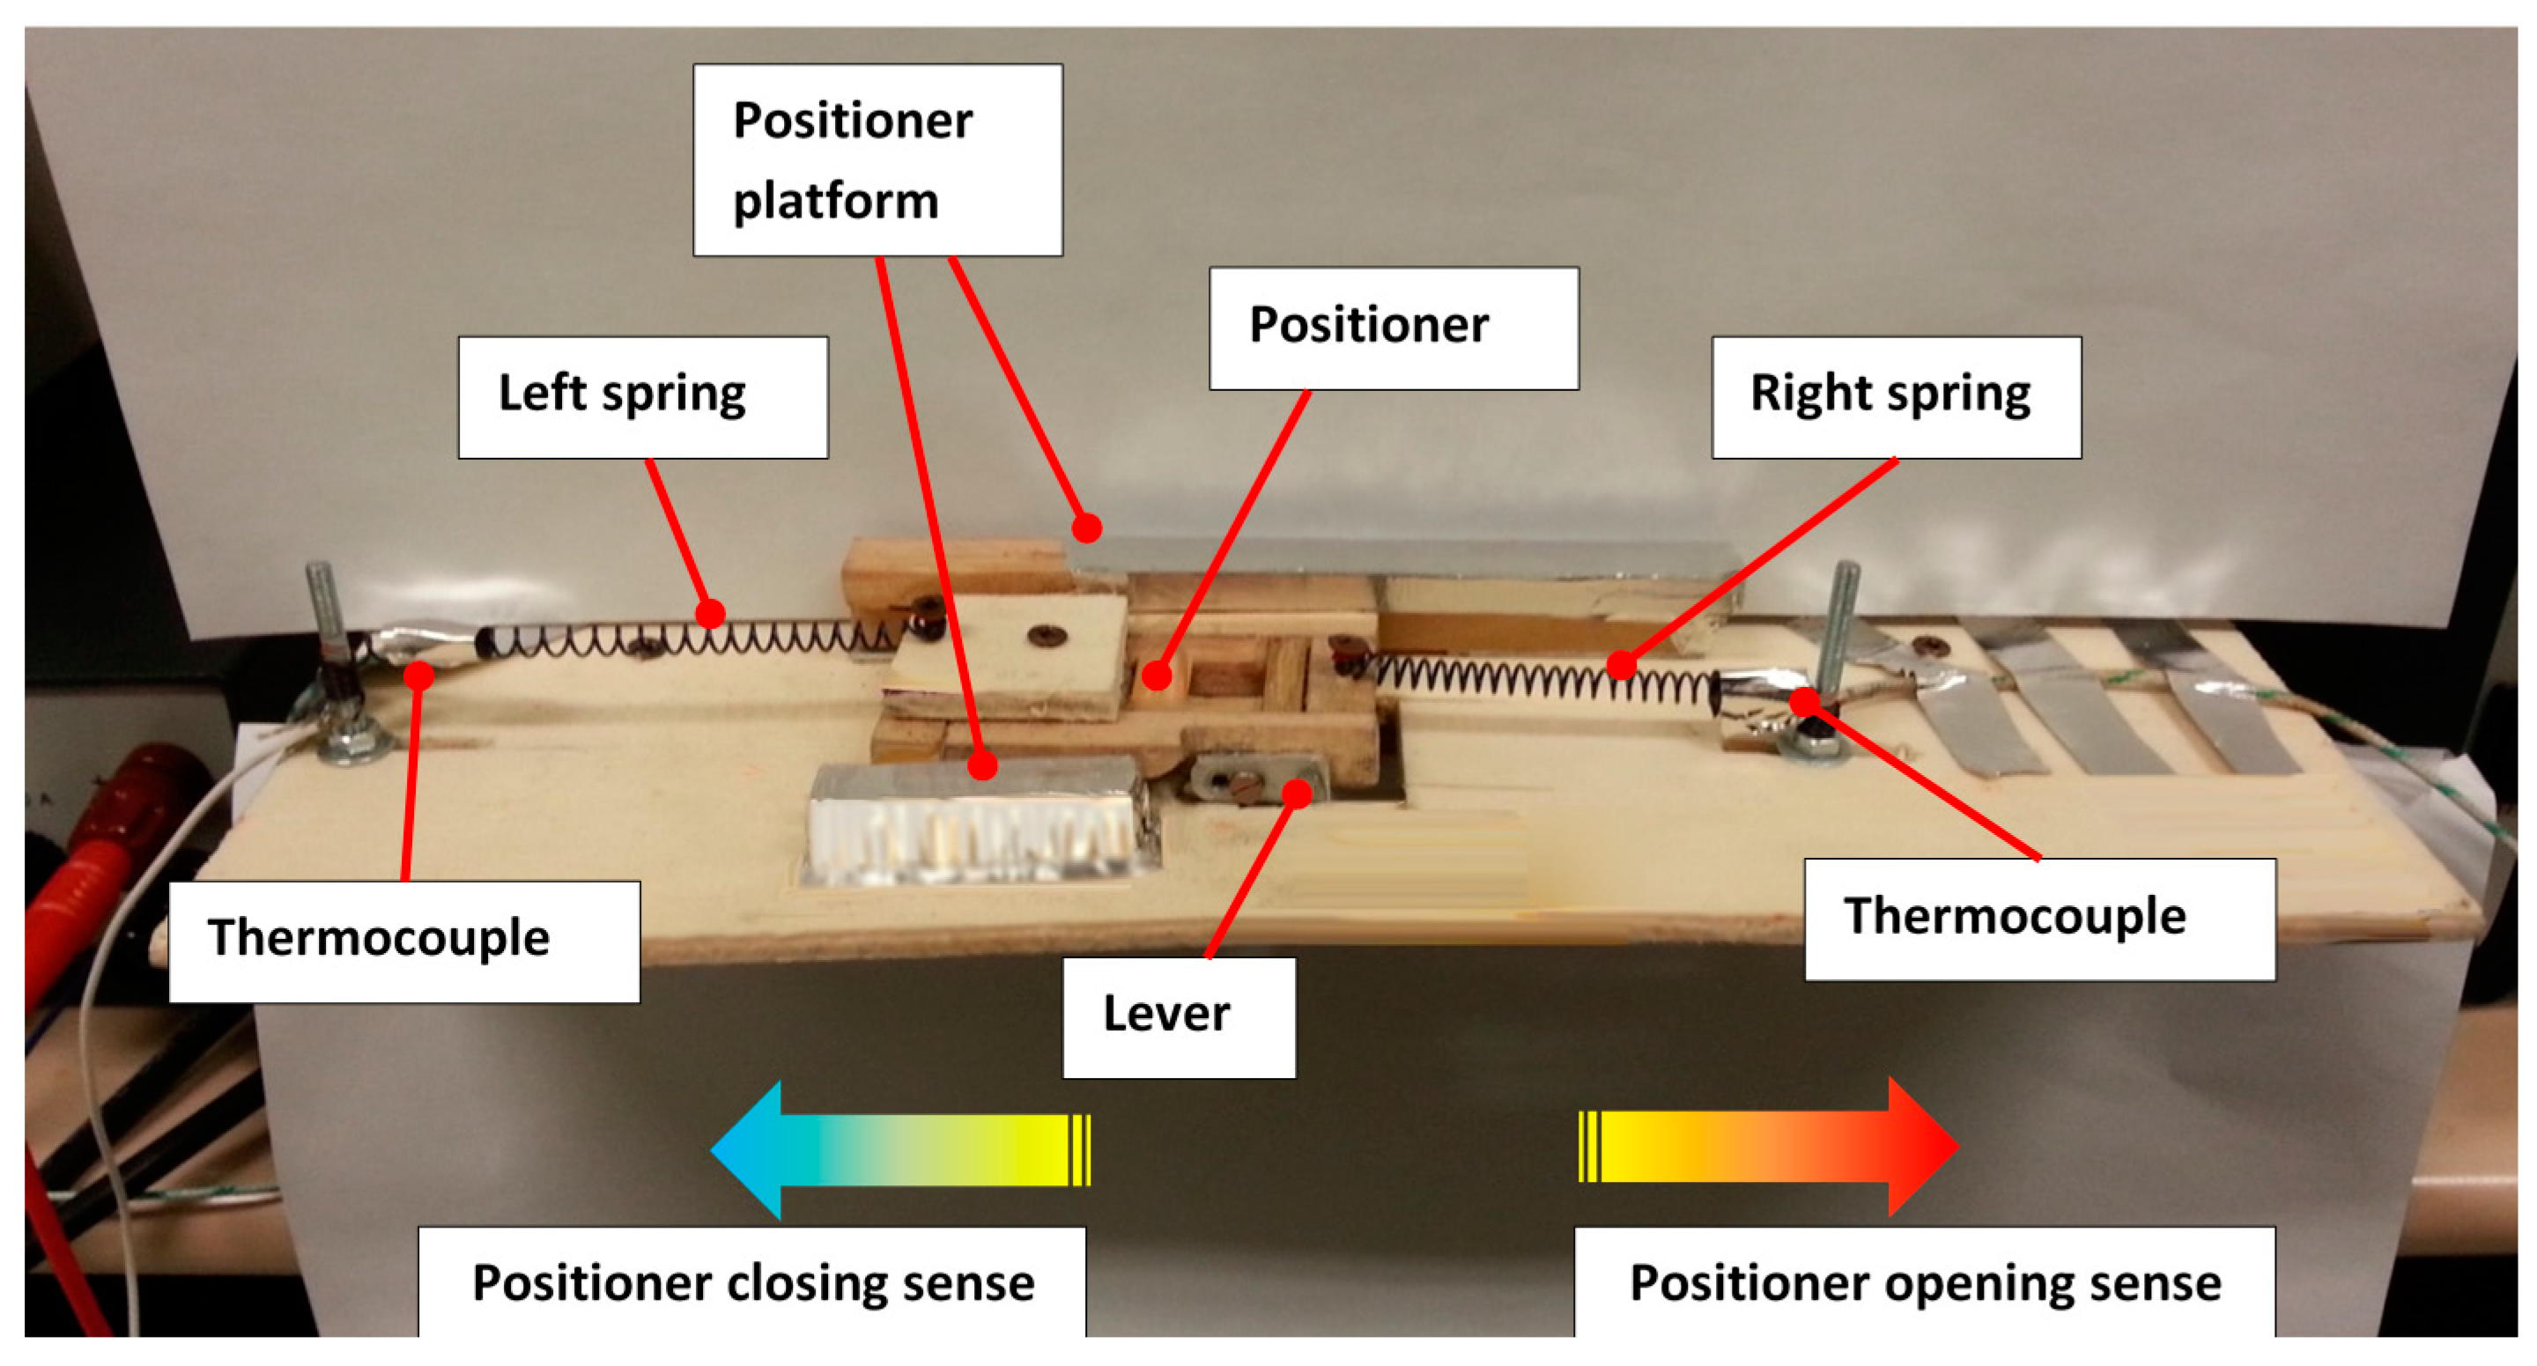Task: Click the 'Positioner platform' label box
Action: [876, 159]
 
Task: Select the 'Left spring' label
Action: [642, 397]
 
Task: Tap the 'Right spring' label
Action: [1895, 397]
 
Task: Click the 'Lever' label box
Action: [1178, 1016]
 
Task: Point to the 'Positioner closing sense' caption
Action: [752, 1282]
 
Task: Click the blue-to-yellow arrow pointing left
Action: [899, 1148]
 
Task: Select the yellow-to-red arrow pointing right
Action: [1769, 1147]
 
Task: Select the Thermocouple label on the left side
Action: [403, 941]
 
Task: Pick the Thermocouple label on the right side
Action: [2038, 918]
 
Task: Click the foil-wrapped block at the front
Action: [980, 823]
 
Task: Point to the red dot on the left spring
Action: [710, 615]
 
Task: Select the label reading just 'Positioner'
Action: [1393, 328]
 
